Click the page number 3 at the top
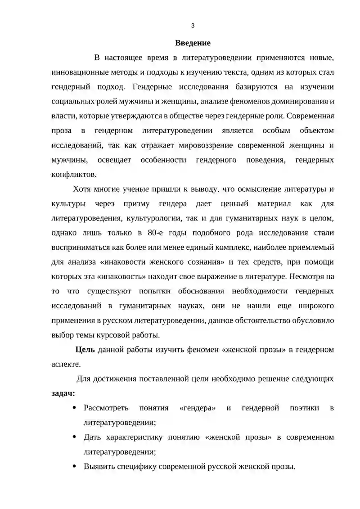193,26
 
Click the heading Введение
193,43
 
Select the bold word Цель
84,350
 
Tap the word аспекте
65,364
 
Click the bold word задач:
63,393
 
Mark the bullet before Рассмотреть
74,408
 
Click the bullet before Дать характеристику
74,437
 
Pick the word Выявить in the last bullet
99,466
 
